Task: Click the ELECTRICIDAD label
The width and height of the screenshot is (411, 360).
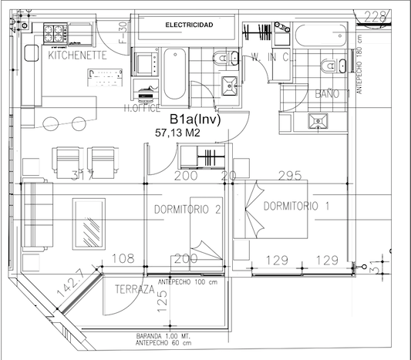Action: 189,26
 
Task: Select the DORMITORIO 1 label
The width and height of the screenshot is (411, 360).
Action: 296,206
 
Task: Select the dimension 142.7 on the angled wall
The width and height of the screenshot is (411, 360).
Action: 71,288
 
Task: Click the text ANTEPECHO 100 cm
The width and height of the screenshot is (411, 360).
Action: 188,281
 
